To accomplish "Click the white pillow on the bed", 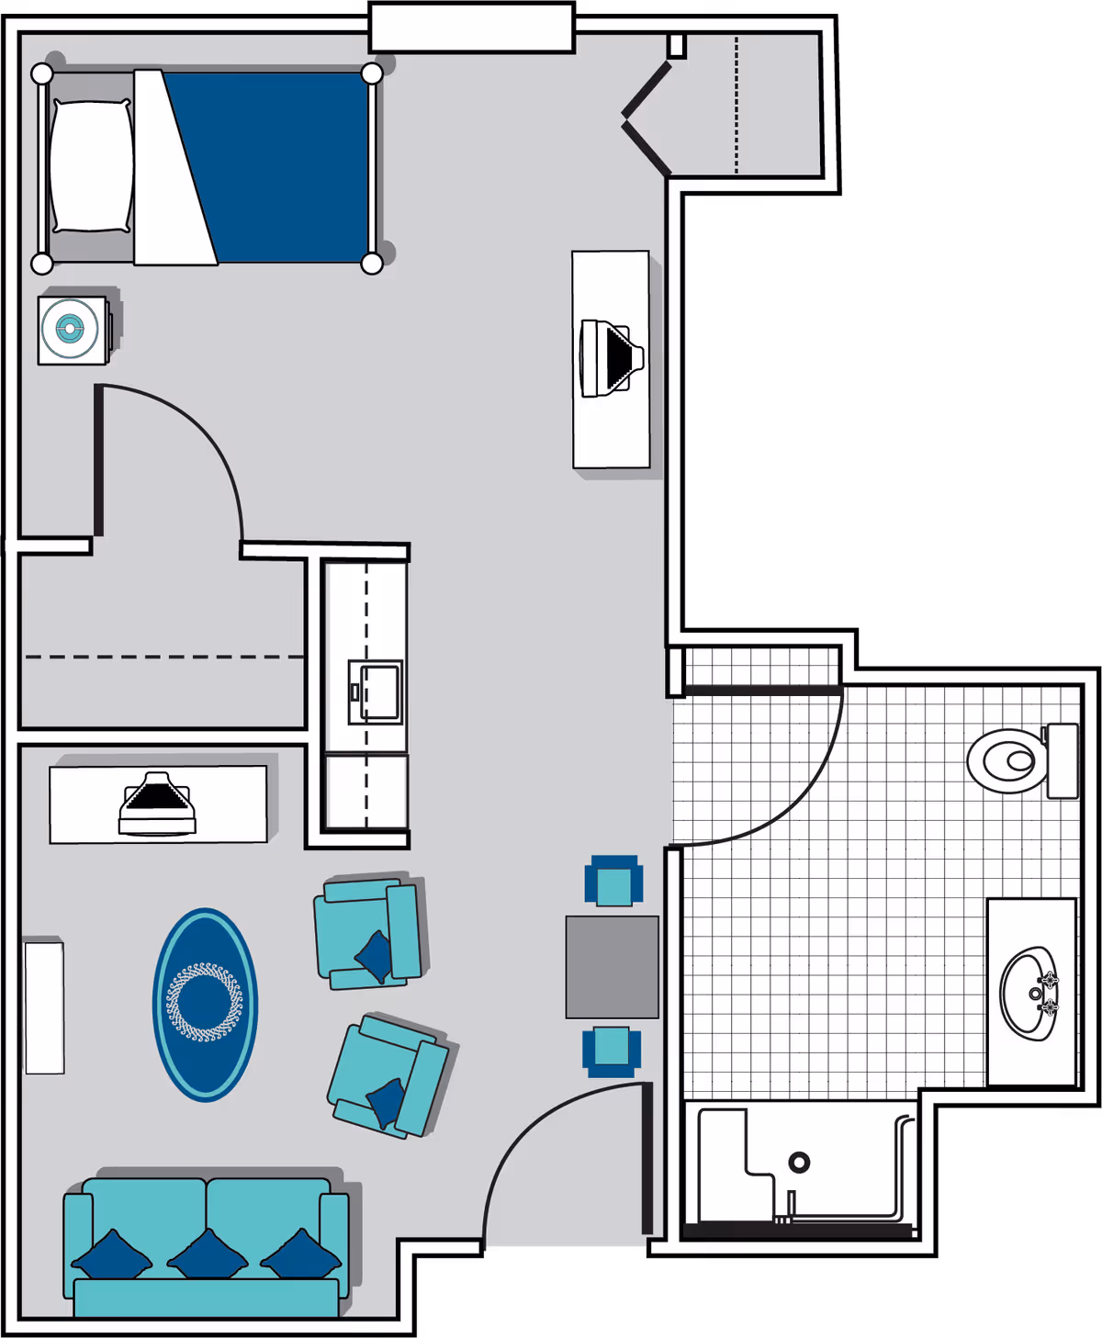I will click(x=90, y=165).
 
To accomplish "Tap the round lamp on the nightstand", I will click(x=70, y=328).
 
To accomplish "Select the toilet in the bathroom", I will click(x=1008, y=760).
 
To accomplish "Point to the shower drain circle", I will click(x=799, y=1163).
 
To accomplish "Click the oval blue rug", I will click(x=205, y=1004).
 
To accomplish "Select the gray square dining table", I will click(x=612, y=966).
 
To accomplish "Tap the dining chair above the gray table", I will click(x=613, y=882).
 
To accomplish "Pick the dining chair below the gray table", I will click(x=612, y=1051).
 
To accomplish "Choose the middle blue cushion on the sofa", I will click(x=208, y=1254).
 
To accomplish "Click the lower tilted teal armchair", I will click(x=388, y=1076).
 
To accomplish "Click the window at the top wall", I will click(x=472, y=28).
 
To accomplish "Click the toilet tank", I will click(x=1063, y=760).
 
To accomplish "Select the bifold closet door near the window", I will click(x=646, y=118).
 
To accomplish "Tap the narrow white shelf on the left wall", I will click(x=44, y=1006).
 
